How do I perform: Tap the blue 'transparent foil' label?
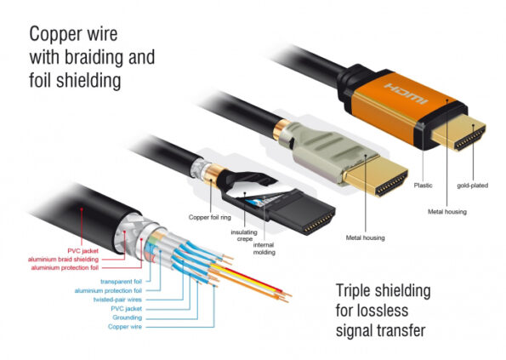[x=122, y=280]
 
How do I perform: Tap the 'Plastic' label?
[x=423, y=184]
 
